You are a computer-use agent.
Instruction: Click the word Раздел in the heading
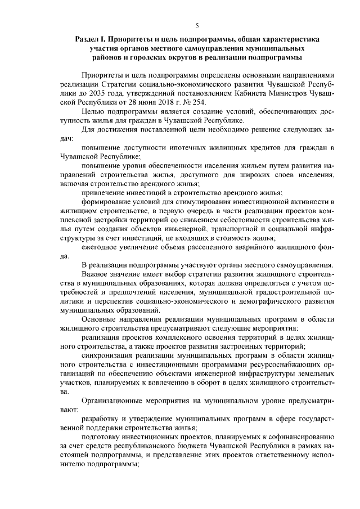click(89, 39)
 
